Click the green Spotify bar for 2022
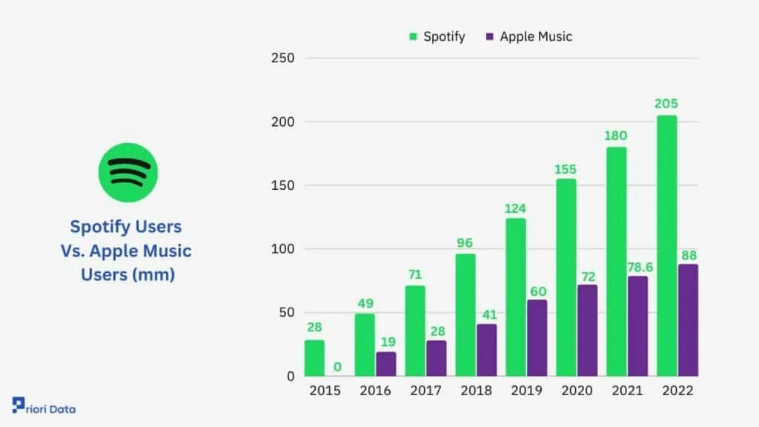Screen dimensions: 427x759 [666, 245]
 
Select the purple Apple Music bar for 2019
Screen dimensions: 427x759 [537, 337]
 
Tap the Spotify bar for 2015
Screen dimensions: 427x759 [314, 358]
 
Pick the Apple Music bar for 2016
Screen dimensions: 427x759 [385, 364]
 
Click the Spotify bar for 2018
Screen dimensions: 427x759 [465, 315]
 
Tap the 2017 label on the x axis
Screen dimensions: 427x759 [425, 391]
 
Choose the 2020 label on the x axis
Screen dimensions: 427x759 [577, 391]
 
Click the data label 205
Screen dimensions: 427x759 [666, 104]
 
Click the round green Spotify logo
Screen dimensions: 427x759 [127, 172]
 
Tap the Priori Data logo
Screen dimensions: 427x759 [44, 407]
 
